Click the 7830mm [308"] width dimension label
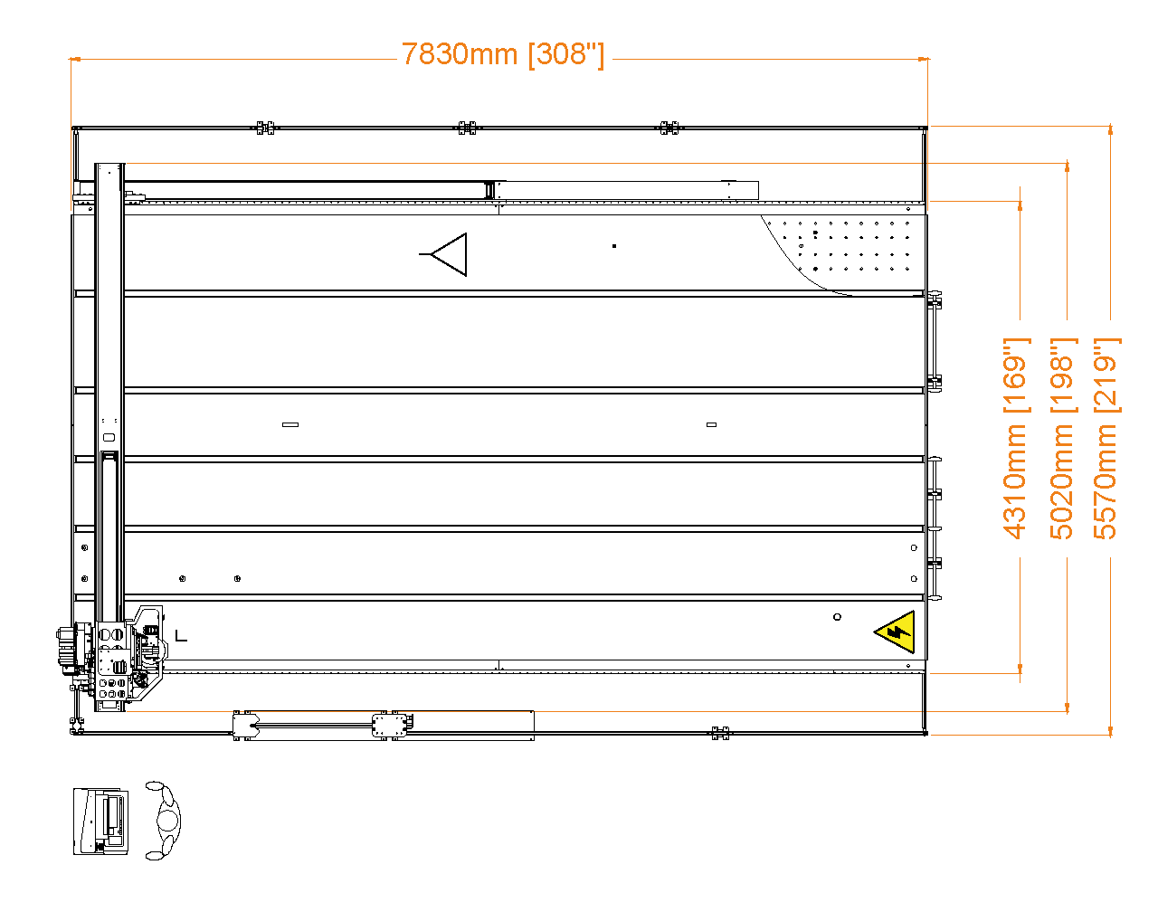pos(503,54)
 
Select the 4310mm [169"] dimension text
pos(1016,438)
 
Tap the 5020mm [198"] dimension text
pos(1063,438)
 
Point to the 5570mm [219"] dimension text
pos(1106,438)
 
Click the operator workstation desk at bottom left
pos(100,822)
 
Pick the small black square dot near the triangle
pos(614,245)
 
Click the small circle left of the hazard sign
pos(837,617)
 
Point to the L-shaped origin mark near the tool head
pos(181,635)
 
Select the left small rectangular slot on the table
pos(290,424)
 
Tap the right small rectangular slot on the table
pos(711,424)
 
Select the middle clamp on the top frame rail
pos(467,128)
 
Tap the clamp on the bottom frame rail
pos(720,732)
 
